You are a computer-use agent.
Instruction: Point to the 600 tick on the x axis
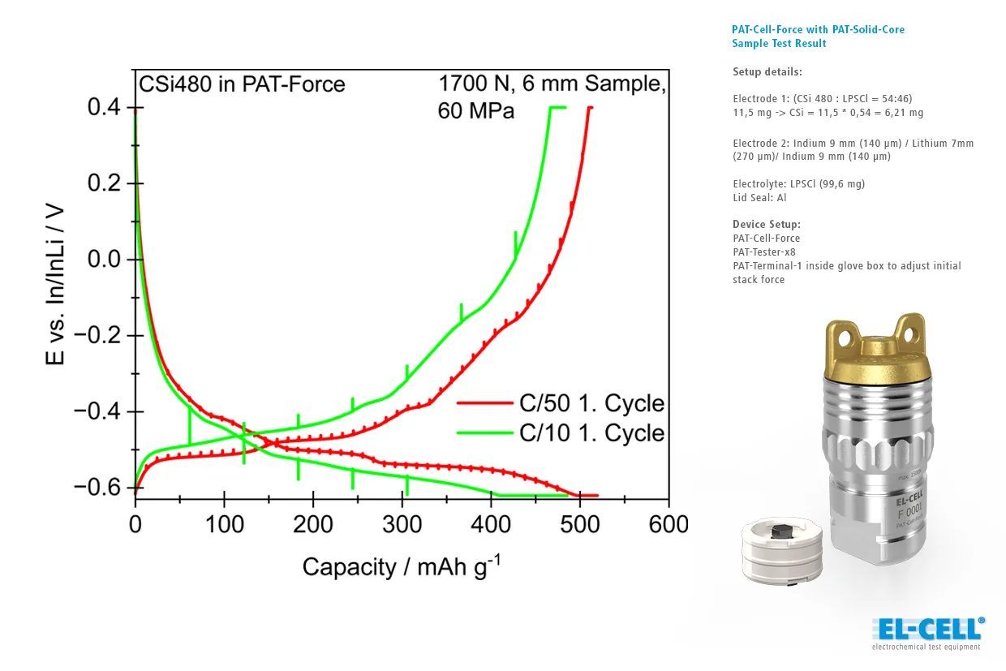click(669, 524)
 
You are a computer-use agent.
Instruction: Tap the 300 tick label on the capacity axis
click(402, 524)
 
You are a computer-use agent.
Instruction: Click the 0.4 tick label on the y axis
click(104, 108)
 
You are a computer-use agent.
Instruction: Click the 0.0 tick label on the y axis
click(104, 260)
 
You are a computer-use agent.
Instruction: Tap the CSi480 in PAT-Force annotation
click(242, 84)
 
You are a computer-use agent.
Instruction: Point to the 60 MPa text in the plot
click(476, 110)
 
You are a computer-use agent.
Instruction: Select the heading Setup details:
click(767, 71)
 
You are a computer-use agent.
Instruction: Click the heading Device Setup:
click(766, 224)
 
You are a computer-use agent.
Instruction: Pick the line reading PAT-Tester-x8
click(763, 252)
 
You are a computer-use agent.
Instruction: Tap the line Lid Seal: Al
click(759, 197)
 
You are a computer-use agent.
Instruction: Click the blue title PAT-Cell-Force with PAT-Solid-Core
click(818, 30)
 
